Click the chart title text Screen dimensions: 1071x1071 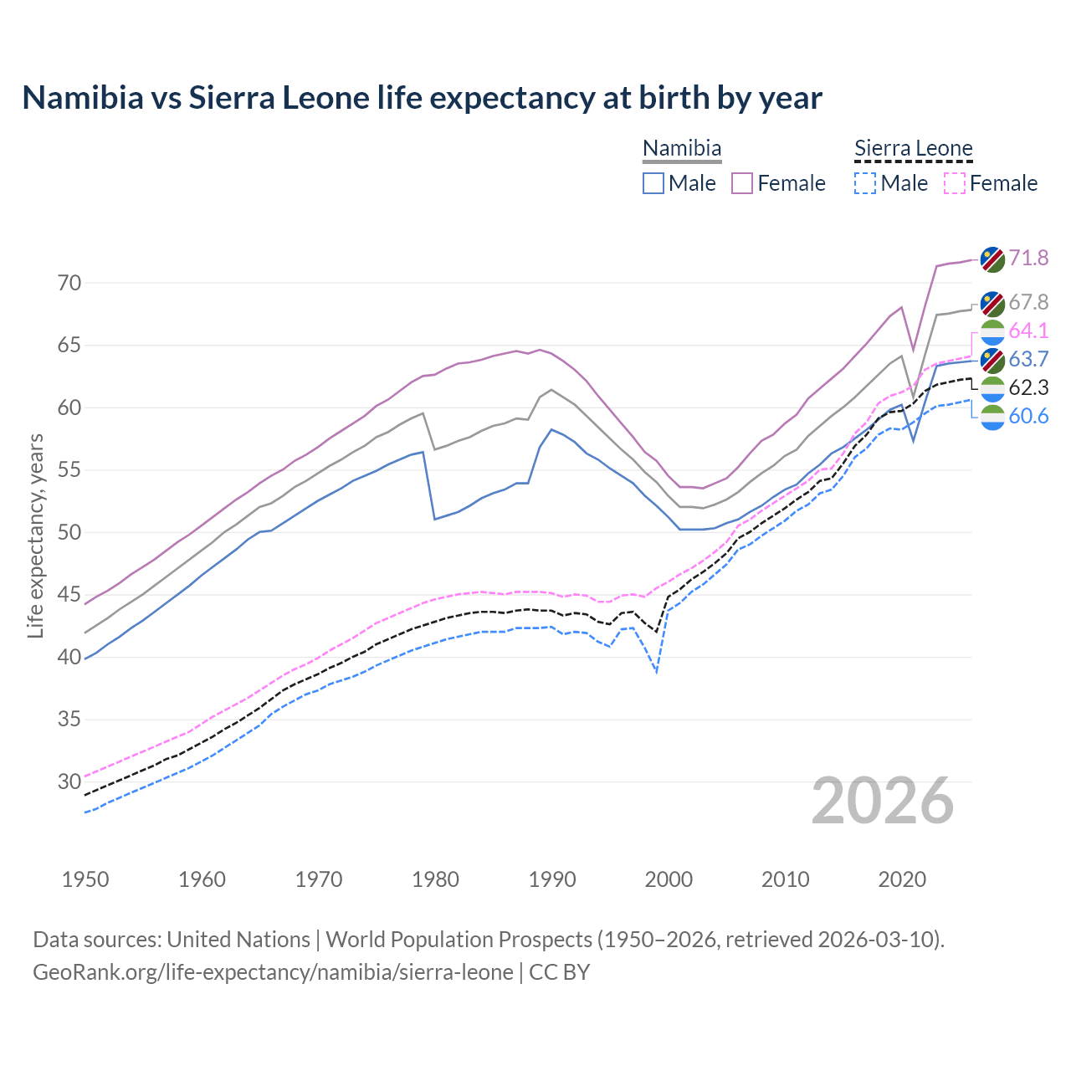point(422,98)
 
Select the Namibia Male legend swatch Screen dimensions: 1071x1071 point(653,183)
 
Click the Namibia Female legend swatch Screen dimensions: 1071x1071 point(742,183)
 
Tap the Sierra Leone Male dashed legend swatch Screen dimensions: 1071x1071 point(865,183)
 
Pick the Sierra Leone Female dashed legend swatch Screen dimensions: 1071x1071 point(954,183)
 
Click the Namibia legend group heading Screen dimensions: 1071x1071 point(682,149)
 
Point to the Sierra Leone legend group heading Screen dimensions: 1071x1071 point(913,149)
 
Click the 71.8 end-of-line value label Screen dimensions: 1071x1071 point(1028,258)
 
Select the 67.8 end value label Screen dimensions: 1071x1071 point(1028,302)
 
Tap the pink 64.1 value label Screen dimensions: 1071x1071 point(1028,331)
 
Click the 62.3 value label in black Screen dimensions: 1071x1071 point(1028,387)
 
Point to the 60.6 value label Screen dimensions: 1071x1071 point(1028,416)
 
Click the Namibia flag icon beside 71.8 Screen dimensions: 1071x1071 point(992,259)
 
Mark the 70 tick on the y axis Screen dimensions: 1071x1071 point(69,283)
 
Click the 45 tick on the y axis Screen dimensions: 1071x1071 point(69,595)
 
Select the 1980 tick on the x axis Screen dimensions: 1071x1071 point(435,879)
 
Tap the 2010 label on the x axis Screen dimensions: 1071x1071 point(785,879)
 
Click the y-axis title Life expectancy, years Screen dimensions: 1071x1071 point(35,535)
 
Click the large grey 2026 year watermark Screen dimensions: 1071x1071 point(882,801)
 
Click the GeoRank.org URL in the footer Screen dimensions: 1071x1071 point(273,972)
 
